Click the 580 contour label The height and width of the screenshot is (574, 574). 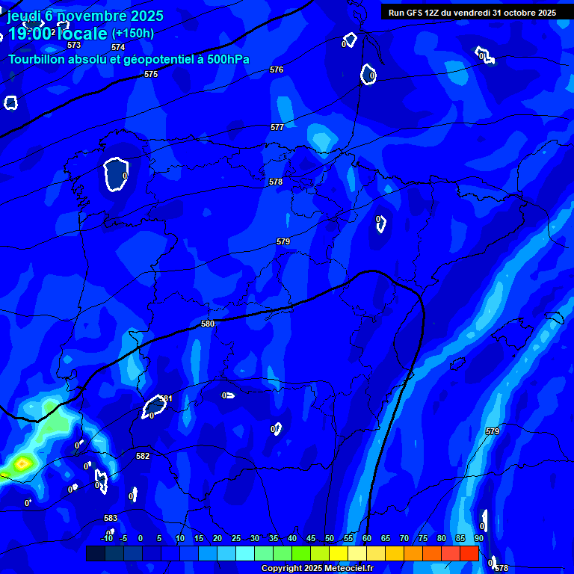[x=208, y=324]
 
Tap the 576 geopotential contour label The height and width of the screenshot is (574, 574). [x=277, y=70]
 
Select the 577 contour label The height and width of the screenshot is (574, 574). [x=277, y=127]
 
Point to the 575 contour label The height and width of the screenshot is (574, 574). [x=151, y=74]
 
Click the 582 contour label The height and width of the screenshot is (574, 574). [x=143, y=456]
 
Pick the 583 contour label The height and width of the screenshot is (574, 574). [x=111, y=518]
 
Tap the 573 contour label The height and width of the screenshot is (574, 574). [x=74, y=45]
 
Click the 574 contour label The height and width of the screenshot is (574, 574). [x=118, y=47]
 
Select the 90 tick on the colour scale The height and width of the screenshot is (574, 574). [x=478, y=538]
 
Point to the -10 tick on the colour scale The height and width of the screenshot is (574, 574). [x=107, y=538]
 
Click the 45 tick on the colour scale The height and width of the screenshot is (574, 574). [x=311, y=538]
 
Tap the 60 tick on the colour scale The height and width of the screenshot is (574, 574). [x=367, y=538]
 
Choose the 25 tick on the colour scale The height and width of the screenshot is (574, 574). [x=236, y=538]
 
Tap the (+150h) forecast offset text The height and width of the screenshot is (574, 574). [x=132, y=33]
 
